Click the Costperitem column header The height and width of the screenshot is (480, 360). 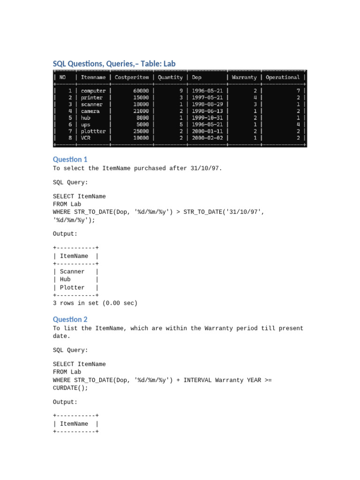coord(132,77)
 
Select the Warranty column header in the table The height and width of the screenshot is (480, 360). coord(244,77)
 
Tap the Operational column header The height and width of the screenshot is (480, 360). coord(283,77)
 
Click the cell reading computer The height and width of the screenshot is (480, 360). coord(93,90)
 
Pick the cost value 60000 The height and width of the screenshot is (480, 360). coord(141,90)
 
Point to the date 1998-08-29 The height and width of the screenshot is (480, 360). coord(207,104)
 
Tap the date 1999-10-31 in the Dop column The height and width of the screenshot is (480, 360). coord(207,118)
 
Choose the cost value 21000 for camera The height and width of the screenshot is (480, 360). coord(141,111)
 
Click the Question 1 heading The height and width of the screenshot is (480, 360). coord(70,159)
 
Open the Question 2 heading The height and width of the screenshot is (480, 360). coord(70,320)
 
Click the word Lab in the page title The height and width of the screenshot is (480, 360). coord(169,63)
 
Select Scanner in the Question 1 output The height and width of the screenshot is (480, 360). coord(72,272)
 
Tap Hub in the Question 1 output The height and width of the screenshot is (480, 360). coord(65,279)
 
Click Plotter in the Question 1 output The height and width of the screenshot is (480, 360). coord(72,287)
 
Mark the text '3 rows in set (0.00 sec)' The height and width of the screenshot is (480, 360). coord(95,303)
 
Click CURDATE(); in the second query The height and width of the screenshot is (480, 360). coord(70,388)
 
